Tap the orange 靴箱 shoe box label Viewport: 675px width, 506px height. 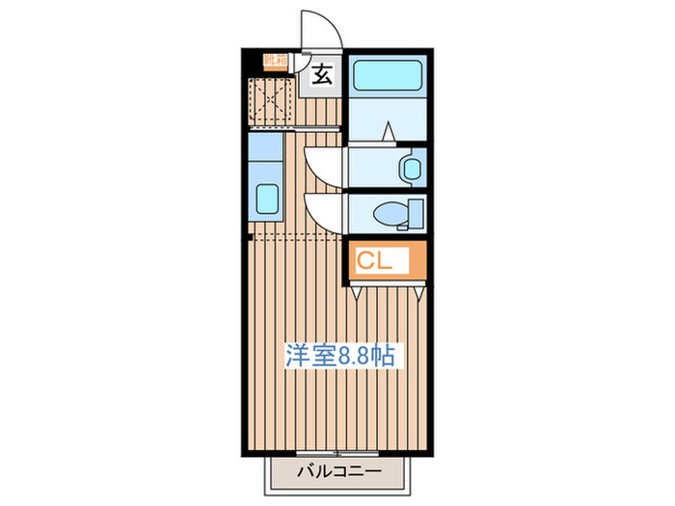point(276,61)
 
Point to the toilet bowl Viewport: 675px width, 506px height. point(391,213)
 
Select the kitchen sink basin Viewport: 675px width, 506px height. point(265,201)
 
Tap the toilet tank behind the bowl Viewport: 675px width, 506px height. point(417,212)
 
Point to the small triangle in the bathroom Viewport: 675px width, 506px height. point(386,131)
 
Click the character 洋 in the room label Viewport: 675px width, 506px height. point(295,355)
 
